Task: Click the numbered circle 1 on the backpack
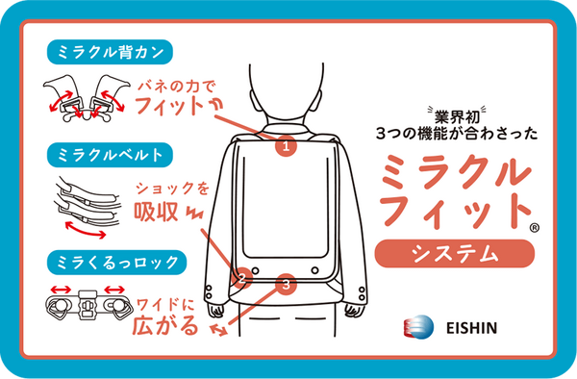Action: click(286, 147)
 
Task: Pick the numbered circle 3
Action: click(285, 284)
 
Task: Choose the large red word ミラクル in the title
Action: click(456, 173)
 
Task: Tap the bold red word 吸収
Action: click(156, 212)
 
